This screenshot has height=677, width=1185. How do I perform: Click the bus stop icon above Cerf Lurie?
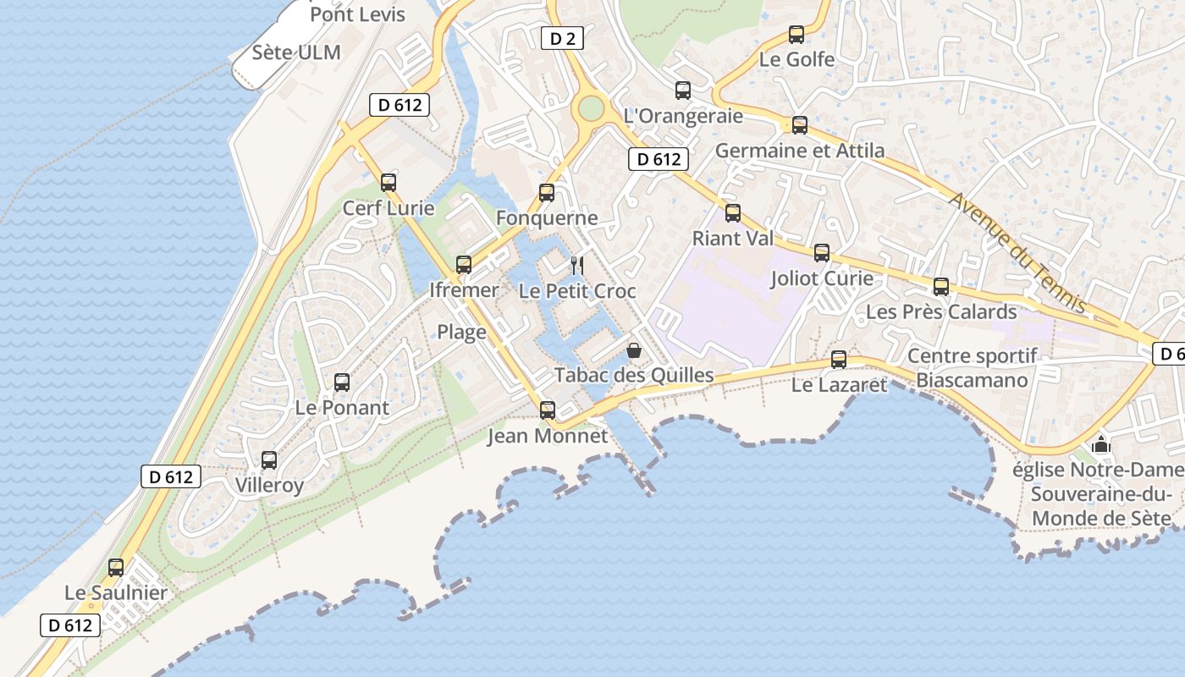(389, 182)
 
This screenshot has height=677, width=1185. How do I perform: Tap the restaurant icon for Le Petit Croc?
(577, 266)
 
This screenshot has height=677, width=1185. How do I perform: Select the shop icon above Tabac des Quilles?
(633, 350)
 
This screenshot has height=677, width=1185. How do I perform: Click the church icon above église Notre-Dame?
(1100, 443)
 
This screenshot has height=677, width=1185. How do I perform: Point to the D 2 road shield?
(562, 38)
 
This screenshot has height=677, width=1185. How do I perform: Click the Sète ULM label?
(296, 52)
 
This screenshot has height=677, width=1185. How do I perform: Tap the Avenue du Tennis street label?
(1017, 253)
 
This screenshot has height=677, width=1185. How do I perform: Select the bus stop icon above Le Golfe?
(796, 35)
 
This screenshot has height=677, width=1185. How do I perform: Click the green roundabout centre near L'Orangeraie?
(591, 108)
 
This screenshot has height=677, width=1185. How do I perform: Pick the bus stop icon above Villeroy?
(269, 460)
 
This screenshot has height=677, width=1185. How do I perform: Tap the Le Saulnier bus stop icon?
(116, 568)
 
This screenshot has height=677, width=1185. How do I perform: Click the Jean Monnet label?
(548, 437)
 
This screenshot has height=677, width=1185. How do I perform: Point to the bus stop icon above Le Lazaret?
(839, 360)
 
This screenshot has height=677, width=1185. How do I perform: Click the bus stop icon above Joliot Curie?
(822, 253)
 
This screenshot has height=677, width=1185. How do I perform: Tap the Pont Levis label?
(357, 14)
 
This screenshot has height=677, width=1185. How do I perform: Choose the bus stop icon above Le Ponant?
(342, 383)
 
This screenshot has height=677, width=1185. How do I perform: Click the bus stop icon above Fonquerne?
(547, 193)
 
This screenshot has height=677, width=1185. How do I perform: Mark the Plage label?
(461, 332)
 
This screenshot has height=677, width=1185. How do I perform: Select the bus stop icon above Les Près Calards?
(941, 287)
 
